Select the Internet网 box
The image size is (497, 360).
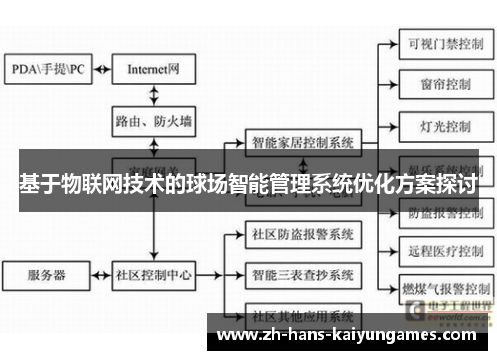[x=153, y=69]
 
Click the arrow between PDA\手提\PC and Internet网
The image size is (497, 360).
[x=100, y=69]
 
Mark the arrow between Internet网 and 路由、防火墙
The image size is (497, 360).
[x=153, y=94]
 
